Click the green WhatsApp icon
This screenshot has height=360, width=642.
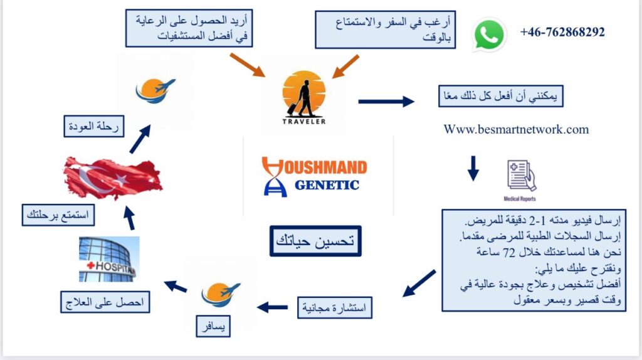[x=490, y=34]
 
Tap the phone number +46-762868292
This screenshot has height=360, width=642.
[x=562, y=32]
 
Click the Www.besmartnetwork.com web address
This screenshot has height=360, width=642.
[x=516, y=130]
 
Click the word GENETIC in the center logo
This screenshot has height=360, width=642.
[x=327, y=184]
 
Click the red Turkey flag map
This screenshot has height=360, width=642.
[x=113, y=177]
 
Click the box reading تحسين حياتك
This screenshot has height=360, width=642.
[x=316, y=241]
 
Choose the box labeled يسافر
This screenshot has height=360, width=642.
[x=213, y=327]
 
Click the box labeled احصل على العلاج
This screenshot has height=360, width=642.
[x=105, y=303]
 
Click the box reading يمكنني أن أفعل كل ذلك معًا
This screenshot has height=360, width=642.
[x=499, y=97]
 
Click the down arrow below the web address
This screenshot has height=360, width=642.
[x=473, y=167]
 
